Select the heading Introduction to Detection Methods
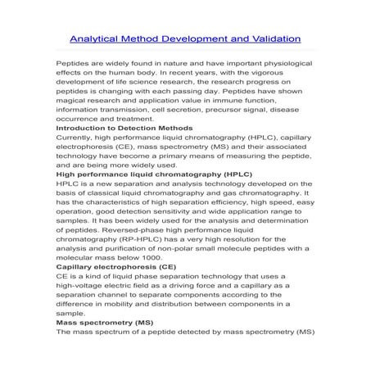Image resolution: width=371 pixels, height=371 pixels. coord(124,129)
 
